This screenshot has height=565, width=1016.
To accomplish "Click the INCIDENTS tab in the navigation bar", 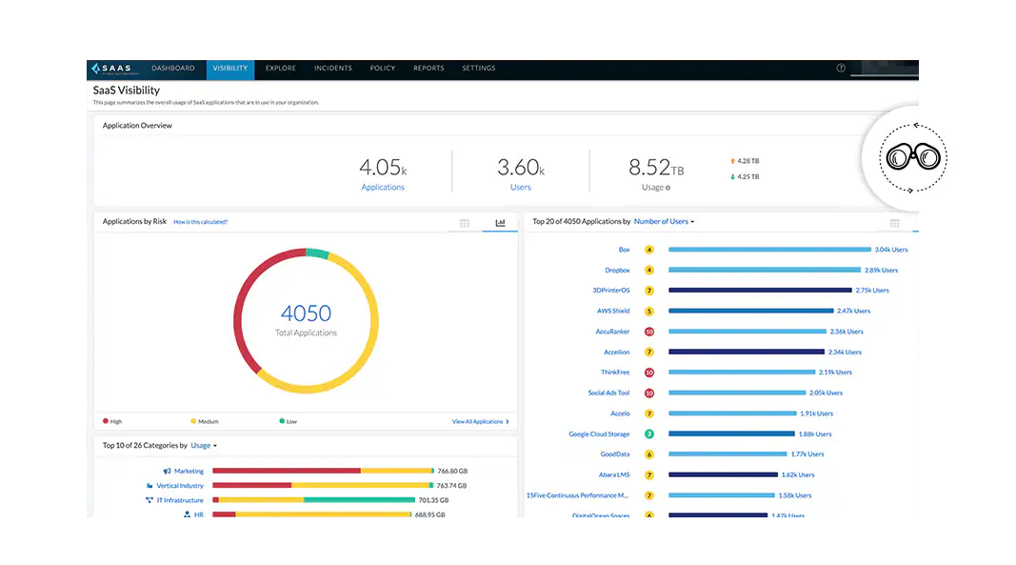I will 333,69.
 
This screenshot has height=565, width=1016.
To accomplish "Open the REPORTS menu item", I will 428,69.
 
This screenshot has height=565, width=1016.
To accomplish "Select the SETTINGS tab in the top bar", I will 478,69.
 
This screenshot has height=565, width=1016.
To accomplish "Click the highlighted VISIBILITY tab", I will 229,69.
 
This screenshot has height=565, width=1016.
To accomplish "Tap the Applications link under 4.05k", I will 383,188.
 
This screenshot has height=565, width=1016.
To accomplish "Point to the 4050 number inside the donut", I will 306,313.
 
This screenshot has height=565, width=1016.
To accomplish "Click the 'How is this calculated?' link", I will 200,222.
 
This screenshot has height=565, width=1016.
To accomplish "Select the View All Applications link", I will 480,421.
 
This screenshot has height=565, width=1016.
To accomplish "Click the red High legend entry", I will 112,421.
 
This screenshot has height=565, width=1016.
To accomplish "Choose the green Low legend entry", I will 288,421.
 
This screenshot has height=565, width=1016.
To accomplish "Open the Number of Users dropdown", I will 664,222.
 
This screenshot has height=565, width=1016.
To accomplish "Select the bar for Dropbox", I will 765,271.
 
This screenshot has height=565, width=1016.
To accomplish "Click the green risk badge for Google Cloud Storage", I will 649,434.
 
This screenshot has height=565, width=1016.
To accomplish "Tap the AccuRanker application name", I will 612,332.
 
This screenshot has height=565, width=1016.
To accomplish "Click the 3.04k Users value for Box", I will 890,250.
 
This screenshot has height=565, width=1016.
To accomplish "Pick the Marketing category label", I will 188,471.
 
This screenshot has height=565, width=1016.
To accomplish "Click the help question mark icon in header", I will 841,69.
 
